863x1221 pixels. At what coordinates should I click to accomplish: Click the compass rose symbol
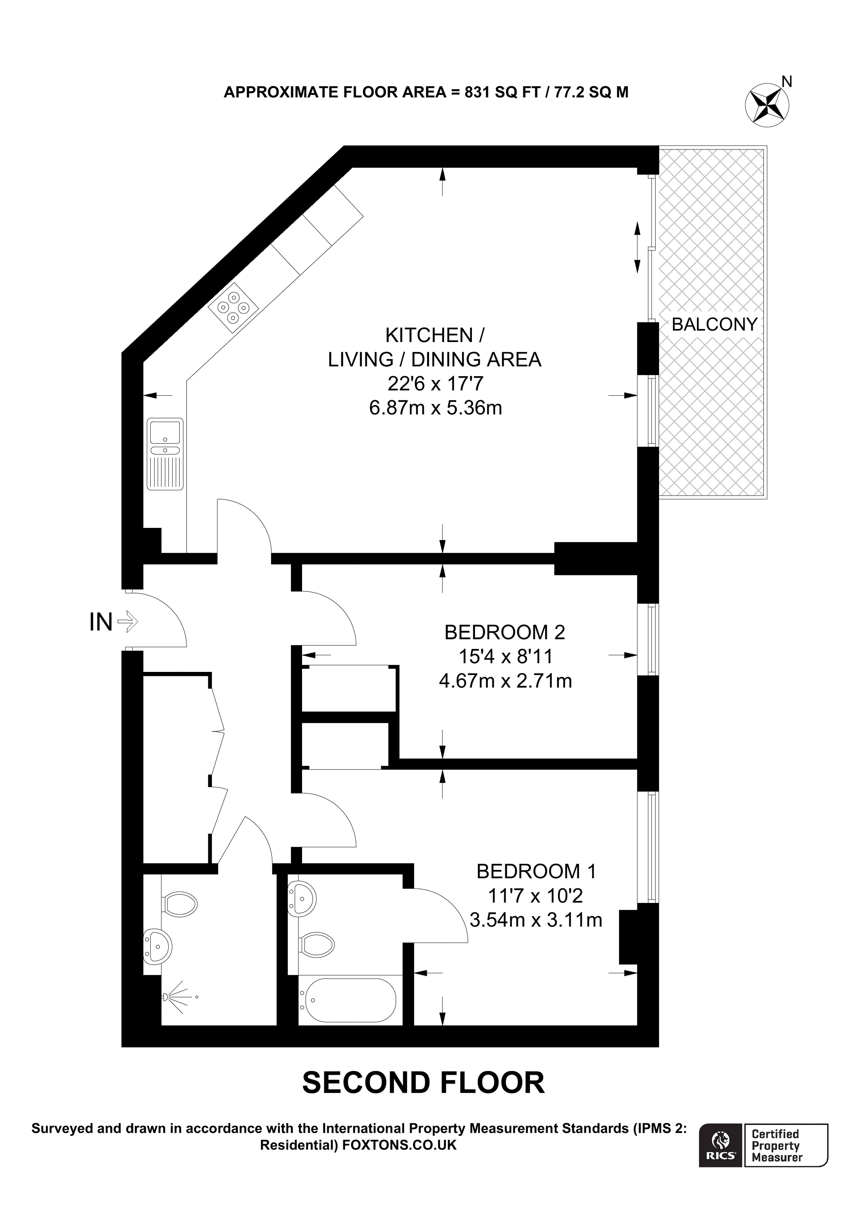767,105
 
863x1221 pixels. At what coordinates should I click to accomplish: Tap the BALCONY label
714,324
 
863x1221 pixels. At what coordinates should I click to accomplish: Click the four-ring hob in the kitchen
233,308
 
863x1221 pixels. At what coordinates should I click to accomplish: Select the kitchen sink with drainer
166,454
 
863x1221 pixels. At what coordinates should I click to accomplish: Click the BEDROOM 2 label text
504,632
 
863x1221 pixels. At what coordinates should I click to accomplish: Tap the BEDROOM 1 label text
536,872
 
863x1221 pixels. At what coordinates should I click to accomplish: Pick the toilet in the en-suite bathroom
317,944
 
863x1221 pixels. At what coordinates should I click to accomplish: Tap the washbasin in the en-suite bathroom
302,898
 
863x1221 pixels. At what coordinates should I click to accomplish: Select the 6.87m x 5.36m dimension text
435,408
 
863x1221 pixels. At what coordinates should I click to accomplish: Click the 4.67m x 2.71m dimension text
505,681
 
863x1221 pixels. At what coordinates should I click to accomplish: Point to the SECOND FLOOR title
423,1083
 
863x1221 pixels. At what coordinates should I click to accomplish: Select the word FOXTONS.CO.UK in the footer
399,1145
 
